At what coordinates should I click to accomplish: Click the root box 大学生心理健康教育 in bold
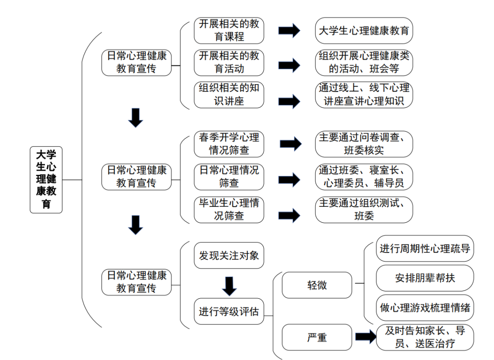pyautogui.click(x=46, y=179)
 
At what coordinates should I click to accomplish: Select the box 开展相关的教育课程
pyautogui.click(x=229, y=30)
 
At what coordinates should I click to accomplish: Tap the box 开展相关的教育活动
pyautogui.click(x=229, y=62)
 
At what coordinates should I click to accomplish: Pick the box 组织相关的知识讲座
pyautogui.click(x=229, y=94)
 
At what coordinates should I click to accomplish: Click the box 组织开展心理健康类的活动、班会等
pyautogui.click(x=364, y=62)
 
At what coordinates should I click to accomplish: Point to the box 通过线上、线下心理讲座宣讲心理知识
pyautogui.click(x=364, y=94)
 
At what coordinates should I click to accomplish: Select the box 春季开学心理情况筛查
pyautogui.click(x=229, y=144)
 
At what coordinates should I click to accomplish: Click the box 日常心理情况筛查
pyautogui.click(x=229, y=177)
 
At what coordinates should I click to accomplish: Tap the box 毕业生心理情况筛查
pyautogui.click(x=229, y=209)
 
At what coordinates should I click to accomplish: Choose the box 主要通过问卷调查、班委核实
pyautogui.click(x=364, y=144)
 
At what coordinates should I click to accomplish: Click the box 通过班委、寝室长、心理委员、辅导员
pyautogui.click(x=364, y=177)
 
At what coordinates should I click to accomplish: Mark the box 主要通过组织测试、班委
pyautogui.click(x=364, y=209)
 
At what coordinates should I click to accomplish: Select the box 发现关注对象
pyautogui.click(x=229, y=255)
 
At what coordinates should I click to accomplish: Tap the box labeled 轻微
pyautogui.click(x=317, y=285)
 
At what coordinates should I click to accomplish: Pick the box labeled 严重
pyautogui.click(x=317, y=338)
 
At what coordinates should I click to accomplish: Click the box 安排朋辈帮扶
pyautogui.click(x=425, y=278)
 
